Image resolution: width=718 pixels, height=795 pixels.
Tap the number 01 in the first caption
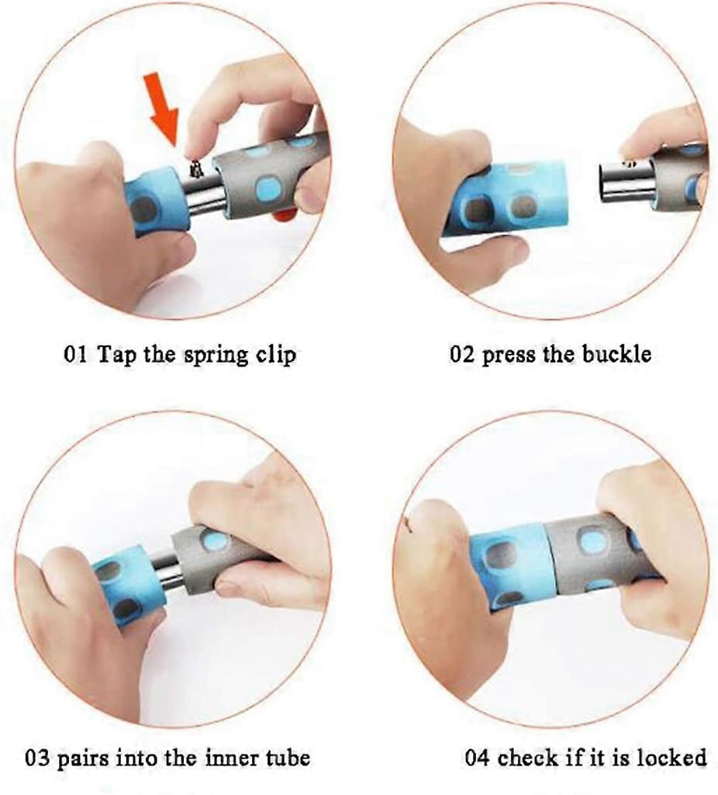click(x=75, y=354)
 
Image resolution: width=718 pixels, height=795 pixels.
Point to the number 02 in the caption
click(x=462, y=354)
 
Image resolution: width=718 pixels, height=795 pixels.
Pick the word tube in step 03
click(x=288, y=758)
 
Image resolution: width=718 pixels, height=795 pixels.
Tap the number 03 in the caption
click(x=37, y=759)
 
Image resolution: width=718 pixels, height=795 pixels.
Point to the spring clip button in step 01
click(x=195, y=168)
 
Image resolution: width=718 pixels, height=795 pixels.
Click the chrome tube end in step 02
click(x=624, y=182)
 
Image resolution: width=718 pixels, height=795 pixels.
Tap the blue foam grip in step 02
click(x=506, y=199)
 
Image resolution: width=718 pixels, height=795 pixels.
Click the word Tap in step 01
click(x=116, y=355)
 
